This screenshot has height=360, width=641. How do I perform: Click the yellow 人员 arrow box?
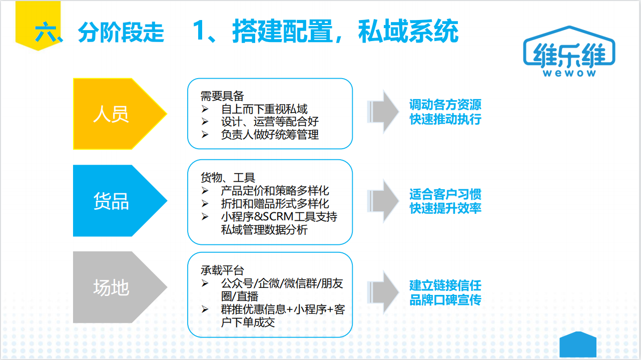[115, 114]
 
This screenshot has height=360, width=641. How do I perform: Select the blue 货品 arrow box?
[115, 200]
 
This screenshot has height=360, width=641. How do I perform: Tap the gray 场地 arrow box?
[115, 287]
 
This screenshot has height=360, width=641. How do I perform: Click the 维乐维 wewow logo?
[569, 52]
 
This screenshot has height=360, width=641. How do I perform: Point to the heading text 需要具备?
[222, 96]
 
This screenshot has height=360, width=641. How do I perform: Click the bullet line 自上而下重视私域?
[264, 109]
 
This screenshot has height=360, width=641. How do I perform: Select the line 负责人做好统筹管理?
[270, 134]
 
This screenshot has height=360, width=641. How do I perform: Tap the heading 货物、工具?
[228, 178]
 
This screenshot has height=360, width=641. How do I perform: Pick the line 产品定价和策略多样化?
[275, 190]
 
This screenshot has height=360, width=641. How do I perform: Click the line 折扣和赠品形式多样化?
[275, 204]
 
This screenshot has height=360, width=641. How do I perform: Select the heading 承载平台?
[222, 270]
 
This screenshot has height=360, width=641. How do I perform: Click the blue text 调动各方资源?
[445, 105]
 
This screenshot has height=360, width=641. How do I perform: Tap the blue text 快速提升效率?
[445, 208]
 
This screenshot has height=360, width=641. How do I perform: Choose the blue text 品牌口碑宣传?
[445, 300]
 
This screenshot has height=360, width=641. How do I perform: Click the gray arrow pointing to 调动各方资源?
[383, 112]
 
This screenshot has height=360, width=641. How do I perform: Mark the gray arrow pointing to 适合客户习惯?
[383, 201]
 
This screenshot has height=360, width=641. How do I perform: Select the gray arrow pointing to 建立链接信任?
[383, 292]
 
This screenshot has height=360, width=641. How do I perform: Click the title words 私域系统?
[408, 31]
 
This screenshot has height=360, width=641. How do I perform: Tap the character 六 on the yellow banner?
[46, 32]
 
